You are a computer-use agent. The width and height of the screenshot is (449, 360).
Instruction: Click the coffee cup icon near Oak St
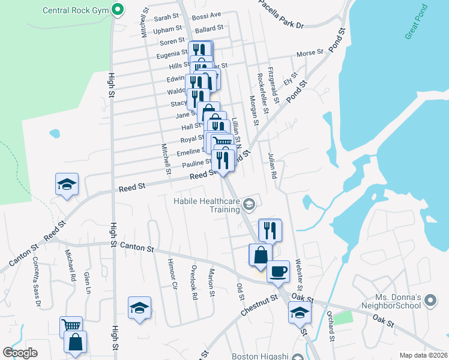[278, 271]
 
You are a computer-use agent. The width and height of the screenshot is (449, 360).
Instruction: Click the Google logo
[20, 353]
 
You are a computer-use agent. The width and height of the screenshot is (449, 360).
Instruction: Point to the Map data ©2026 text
[423, 355]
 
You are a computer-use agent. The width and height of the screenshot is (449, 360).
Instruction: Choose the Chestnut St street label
[259, 305]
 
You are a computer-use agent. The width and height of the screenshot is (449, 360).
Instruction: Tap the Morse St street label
[310, 53]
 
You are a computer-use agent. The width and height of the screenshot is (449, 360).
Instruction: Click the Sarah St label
[167, 19]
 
